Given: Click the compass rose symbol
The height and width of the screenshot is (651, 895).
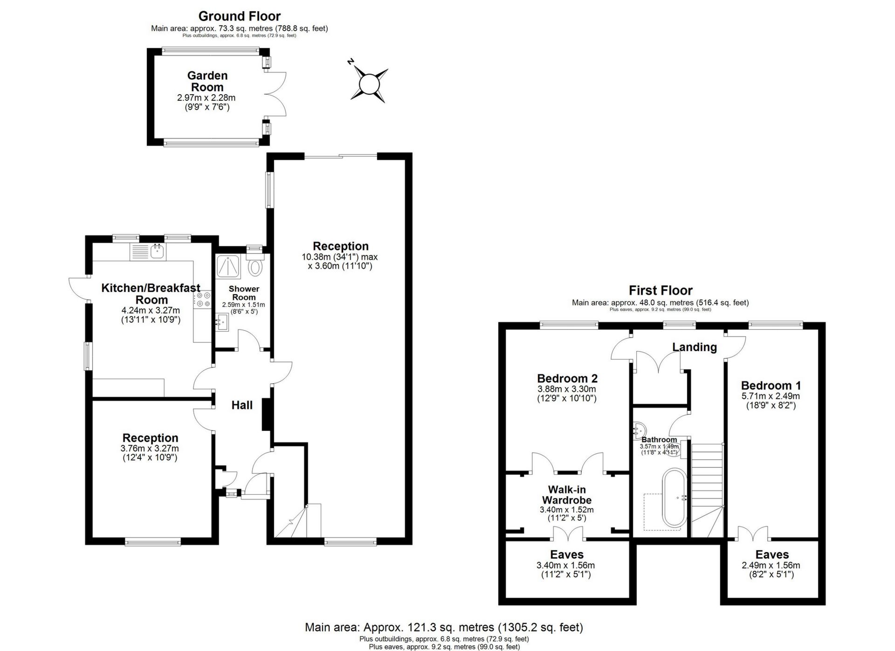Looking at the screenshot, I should pyautogui.click(x=369, y=84).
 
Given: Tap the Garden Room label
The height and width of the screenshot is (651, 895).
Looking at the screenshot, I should pyautogui.click(x=207, y=81).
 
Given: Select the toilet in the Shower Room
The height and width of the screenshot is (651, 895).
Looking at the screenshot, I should pyautogui.click(x=255, y=268).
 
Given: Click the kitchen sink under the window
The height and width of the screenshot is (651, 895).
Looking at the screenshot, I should pyautogui.click(x=157, y=252).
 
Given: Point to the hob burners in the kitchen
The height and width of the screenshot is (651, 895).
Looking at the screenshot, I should pyautogui.click(x=203, y=299).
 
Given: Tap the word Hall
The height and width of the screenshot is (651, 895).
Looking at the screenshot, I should pyautogui.click(x=242, y=405).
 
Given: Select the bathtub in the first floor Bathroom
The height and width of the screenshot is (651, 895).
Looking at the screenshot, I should pyautogui.click(x=674, y=498).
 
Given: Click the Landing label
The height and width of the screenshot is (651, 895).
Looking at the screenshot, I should pyautogui.click(x=694, y=347).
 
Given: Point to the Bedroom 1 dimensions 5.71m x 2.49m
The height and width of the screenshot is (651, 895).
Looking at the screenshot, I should pyautogui.click(x=771, y=396).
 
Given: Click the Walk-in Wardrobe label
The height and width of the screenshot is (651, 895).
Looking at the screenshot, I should pyautogui.click(x=566, y=494).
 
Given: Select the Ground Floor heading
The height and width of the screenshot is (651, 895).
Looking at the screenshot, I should pyautogui.click(x=239, y=16).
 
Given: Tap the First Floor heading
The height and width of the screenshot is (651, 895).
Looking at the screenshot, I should pyautogui.click(x=660, y=291).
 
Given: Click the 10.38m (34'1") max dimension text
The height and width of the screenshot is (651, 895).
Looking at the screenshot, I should pyautogui.click(x=339, y=257).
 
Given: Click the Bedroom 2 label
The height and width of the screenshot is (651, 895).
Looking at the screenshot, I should pyautogui.click(x=567, y=378).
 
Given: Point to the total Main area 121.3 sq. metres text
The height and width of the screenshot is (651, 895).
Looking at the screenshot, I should pyautogui.click(x=443, y=627).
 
